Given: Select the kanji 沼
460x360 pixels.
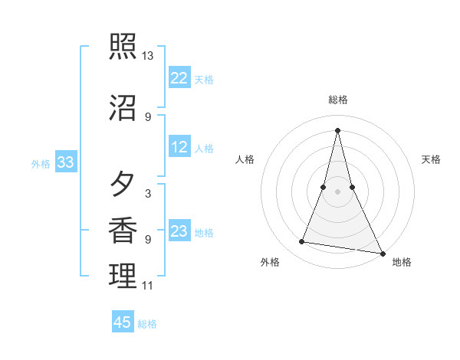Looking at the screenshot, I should tap(123, 107).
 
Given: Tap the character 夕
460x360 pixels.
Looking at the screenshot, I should tap(123, 185).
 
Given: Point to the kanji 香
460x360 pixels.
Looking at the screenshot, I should tap(123, 231).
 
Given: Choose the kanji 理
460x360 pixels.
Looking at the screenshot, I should tap(123, 277).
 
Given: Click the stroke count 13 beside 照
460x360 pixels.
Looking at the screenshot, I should tap(148, 56).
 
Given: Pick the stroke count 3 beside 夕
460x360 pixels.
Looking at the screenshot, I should tap(148, 194).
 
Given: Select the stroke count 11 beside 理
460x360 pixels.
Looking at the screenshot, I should tap(148, 286).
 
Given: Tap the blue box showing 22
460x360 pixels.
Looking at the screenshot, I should tap(179, 78).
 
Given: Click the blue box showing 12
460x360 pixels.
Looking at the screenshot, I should tap(179, 147).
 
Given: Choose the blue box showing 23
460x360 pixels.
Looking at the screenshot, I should tap(179, 231).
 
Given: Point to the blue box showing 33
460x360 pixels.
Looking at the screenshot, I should tap(65, 162).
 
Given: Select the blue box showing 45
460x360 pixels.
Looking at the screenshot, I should tap(123, 322).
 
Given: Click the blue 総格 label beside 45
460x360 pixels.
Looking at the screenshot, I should tap(147, 324).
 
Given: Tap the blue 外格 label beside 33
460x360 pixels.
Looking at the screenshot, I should tap(41, 163).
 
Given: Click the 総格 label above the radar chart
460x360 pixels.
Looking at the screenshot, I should tap(338, 100).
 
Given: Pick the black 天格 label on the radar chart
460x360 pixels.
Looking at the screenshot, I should tap(431, 159).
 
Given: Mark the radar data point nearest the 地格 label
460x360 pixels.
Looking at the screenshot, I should tap(383, 254).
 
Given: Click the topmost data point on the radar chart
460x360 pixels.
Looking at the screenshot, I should tap(337, 129).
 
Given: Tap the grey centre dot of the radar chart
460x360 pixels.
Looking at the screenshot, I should tap(337, 191).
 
